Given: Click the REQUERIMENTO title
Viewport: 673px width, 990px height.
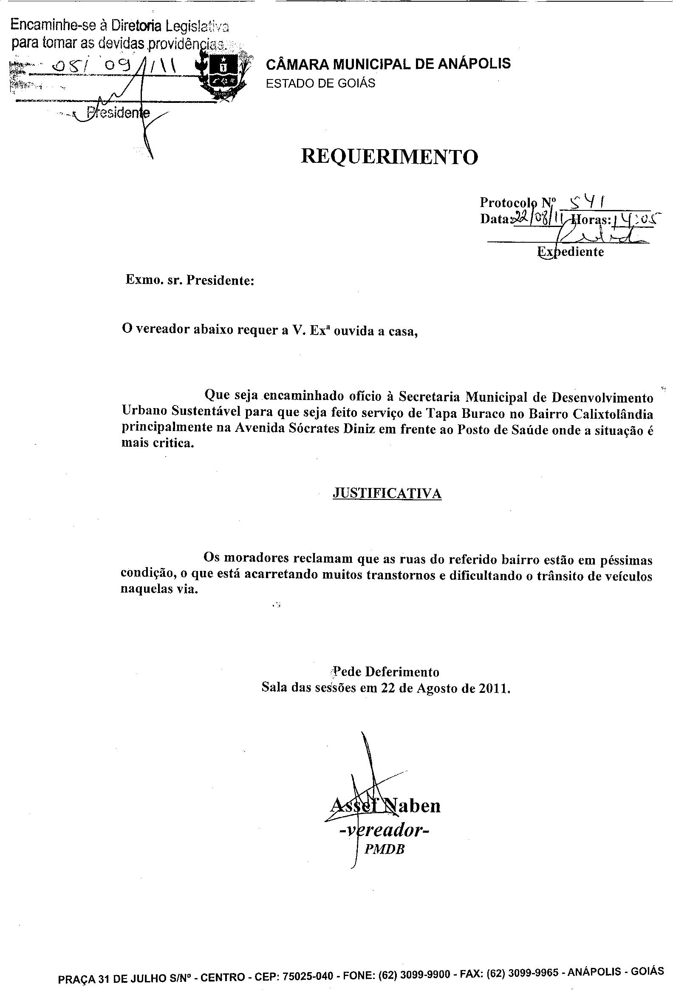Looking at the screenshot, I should tap(389, 157).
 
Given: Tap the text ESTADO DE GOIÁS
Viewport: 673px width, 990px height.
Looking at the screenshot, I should tap(320, 83).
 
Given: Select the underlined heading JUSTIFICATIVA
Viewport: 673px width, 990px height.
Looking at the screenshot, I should tap(387, 493).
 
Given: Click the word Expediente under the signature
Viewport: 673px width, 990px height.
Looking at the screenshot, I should tap(571, 252).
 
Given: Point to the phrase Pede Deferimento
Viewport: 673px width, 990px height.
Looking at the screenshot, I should tap(386, 672).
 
